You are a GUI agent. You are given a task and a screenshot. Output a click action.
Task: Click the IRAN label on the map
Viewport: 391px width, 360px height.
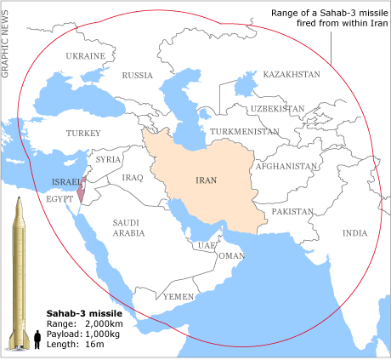coord(206,180)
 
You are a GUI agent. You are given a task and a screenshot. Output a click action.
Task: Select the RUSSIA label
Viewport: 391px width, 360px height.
coord(138,75)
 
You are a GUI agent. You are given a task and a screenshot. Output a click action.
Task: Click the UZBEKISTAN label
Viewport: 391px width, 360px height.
coord(276,109)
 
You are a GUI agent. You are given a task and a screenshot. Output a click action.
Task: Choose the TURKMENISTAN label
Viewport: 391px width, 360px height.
coord(246,132)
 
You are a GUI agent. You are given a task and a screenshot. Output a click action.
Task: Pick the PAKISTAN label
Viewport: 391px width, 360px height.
coord(293,210)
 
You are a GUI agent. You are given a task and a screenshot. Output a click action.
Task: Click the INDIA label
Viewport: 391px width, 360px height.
coord(354,232)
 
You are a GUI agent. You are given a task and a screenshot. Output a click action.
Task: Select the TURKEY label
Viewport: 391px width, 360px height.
coord(83,133)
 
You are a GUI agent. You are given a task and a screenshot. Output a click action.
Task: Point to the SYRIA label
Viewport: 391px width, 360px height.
coord(108,159)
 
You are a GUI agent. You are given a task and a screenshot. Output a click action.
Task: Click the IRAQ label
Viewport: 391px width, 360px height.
coord(133,177)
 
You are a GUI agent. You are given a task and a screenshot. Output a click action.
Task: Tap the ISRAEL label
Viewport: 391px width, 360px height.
coord(68,181)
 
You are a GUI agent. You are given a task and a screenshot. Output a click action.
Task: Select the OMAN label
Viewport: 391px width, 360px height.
coord(231,255)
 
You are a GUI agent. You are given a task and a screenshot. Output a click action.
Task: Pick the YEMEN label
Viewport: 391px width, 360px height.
coord(178,296)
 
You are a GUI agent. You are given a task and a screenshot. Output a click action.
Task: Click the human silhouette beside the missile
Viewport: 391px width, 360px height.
coord(37,341)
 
